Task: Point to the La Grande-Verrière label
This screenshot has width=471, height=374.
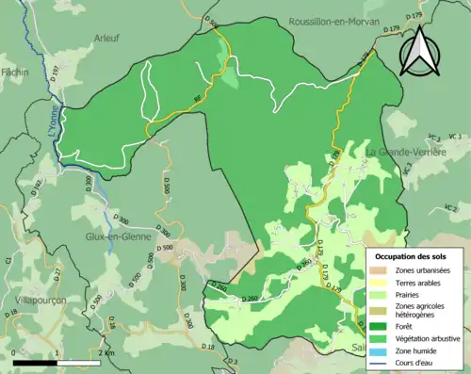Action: point(412,151)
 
